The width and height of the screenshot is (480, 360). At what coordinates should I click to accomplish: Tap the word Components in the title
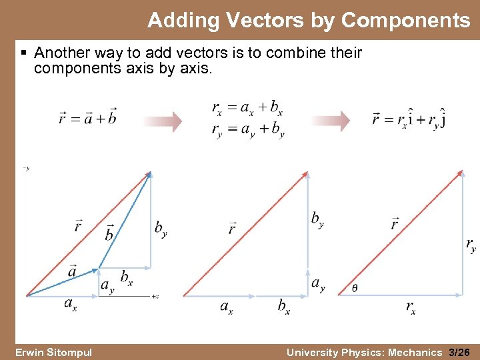click(406, 21)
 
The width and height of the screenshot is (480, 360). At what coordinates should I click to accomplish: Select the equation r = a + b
click(87, 119)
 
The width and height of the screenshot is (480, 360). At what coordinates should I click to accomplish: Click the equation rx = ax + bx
click(247, 107)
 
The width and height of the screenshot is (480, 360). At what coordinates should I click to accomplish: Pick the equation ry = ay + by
click(247, 129)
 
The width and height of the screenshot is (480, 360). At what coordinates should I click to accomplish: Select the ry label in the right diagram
click(471, 245)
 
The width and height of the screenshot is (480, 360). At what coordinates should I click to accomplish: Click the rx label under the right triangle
click(411, 307)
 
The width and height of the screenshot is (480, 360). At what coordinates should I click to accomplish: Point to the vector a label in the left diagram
click(72, 270)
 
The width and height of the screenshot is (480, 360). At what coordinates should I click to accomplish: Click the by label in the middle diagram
click(317, 219)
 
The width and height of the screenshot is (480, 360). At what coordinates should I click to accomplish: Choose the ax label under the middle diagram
click(227, 307)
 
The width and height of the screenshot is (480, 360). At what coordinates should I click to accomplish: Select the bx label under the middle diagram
click(284, 307)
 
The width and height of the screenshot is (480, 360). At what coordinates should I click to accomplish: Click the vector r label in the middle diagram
click(232, 228)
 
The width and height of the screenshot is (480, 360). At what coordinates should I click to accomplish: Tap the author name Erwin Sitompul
click(54, 352)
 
